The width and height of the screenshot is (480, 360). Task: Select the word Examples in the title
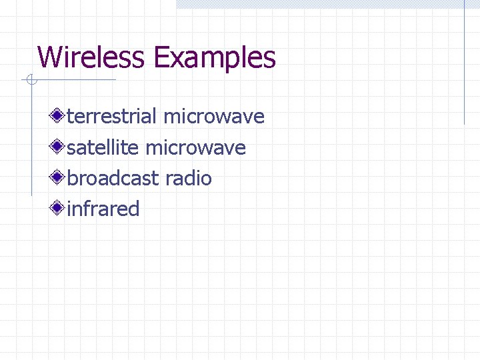coord(215,59)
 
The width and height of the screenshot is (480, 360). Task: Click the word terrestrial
coord(112,117)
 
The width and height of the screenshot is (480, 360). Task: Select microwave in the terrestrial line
coord(214,117)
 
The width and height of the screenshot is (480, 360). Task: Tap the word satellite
coord(103,148)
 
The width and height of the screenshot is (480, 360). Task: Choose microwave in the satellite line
coord(195,148)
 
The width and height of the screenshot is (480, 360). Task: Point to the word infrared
coord(103,209)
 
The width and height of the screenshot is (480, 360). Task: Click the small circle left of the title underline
coord(30,81)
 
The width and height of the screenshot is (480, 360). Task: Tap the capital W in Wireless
coord(49,57)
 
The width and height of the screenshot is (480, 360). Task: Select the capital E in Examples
coord(161,57)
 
